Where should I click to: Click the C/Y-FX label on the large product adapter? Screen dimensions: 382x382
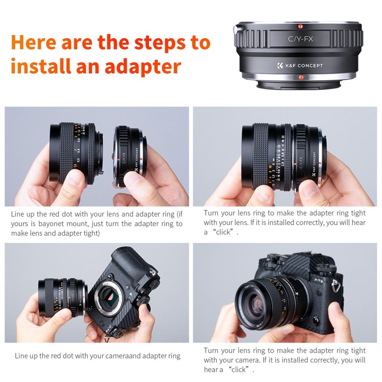pos(296,39)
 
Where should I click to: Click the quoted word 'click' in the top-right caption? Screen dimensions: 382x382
pos(223,232)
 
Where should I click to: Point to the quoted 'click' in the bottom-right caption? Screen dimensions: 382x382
pos(238,370)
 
